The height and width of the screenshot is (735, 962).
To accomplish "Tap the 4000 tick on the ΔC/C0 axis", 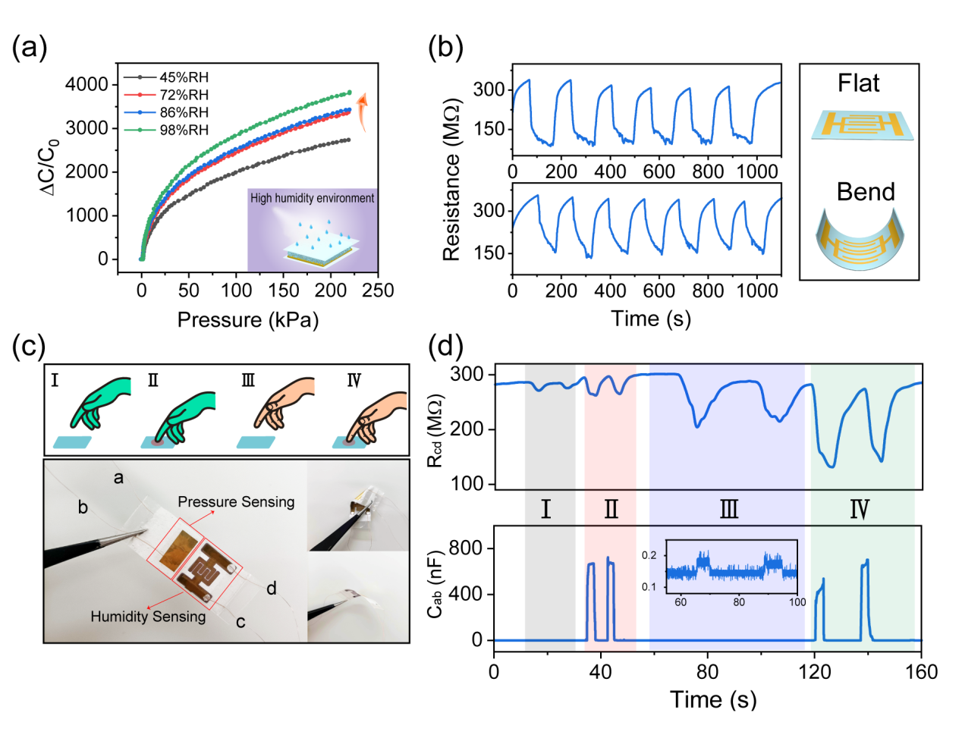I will coord(86,84).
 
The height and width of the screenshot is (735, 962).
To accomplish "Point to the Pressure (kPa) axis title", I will coord(248,319).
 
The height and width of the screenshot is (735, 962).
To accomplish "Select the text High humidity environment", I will coord(313,198).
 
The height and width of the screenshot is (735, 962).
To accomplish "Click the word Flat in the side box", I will coord(858,83).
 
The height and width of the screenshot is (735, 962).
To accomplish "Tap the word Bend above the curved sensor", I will coord(866,192).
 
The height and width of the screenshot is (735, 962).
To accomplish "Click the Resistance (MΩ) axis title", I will coord(451,179).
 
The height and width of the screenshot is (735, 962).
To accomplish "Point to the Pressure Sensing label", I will coord(236,502).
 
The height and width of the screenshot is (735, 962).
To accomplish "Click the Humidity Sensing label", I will coord(148,617).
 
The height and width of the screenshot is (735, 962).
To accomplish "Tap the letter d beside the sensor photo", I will coord(271,588).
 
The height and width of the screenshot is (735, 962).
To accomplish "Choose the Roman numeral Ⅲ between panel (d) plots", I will coord(728,508).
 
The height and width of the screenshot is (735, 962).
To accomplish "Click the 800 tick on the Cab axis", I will coord(466,548).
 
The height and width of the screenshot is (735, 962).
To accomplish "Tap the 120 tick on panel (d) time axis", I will coord(815,672).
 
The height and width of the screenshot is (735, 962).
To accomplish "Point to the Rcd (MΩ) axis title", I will coord(436,429).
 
